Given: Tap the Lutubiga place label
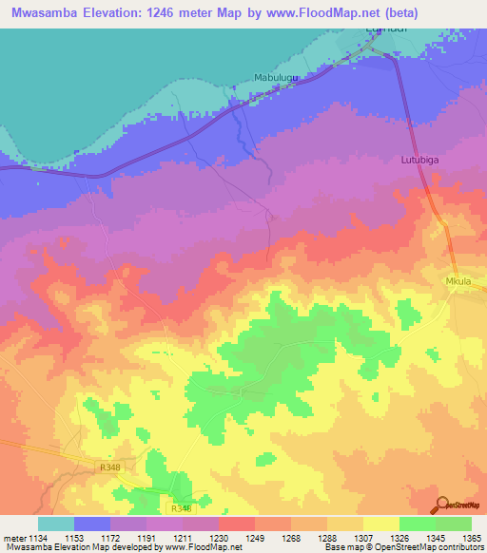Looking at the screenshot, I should click(x=419, y=162).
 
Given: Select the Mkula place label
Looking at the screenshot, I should click(x=458, y=282).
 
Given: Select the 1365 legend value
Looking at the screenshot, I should click(x=471, y=538).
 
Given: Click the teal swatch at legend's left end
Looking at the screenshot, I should click(x=55, y=524).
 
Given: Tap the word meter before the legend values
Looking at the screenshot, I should click(x=13, y=538).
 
